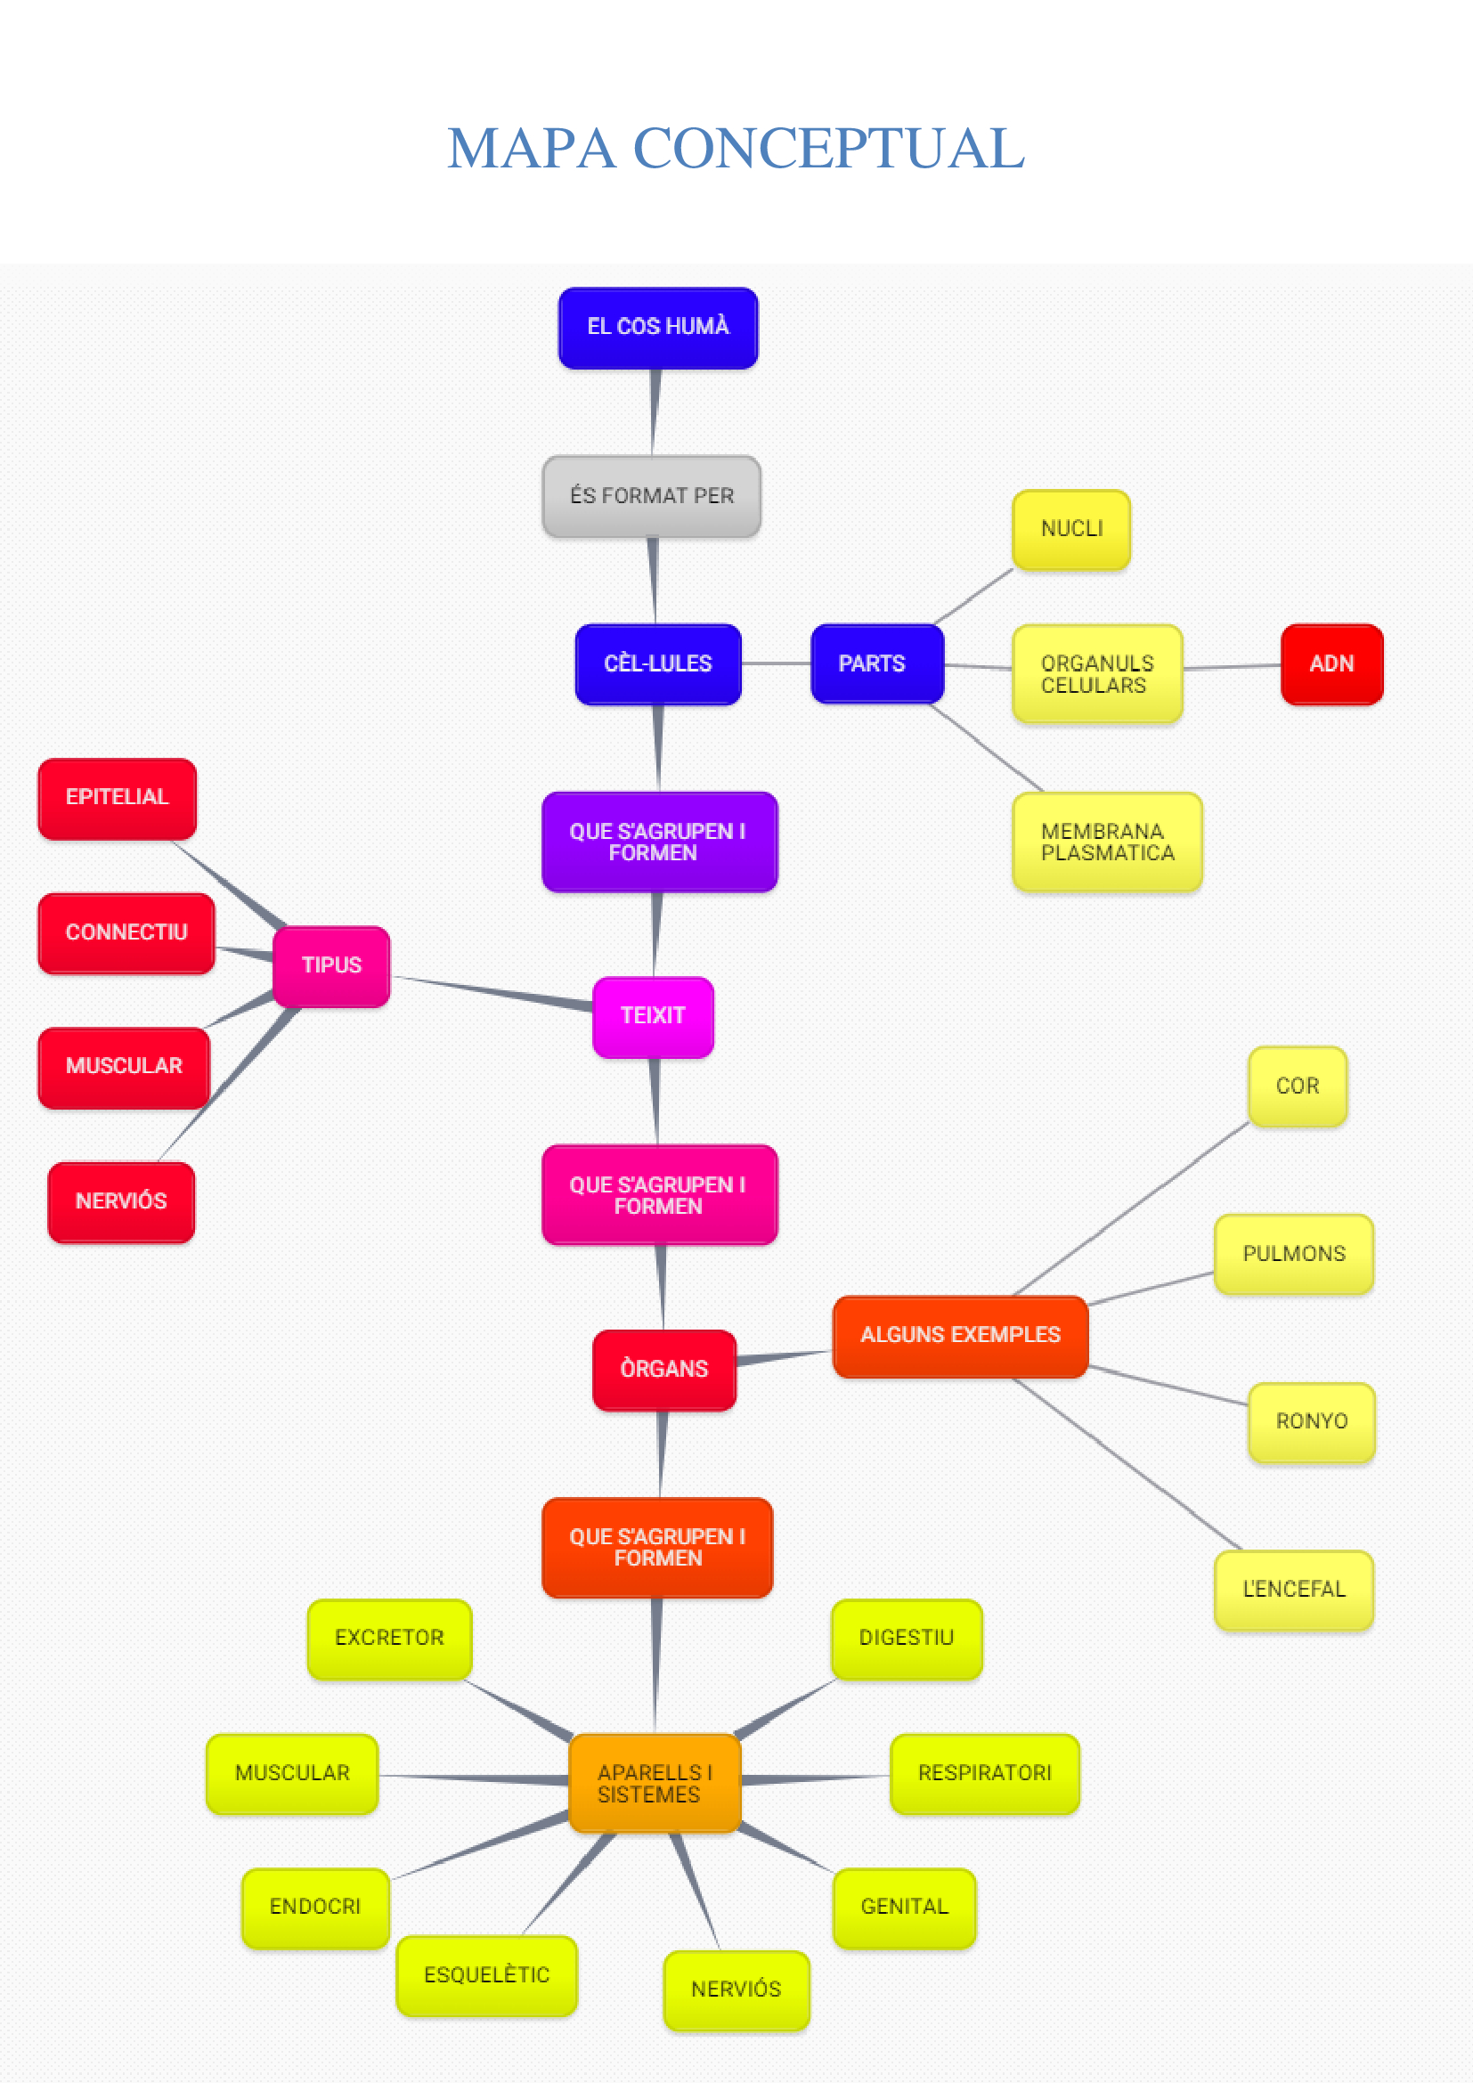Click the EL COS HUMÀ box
657,328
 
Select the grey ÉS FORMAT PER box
651,496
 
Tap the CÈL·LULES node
657,664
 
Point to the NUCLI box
1071,530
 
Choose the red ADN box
1331,664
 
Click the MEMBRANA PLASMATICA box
1107,842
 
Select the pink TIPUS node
331,965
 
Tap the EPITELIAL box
117,798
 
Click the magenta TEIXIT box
653,1016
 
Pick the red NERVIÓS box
120,1202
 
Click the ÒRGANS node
664,1370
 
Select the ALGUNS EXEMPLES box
960,1337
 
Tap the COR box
1297,1086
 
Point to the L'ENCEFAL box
1293,1590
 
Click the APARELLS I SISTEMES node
654,1784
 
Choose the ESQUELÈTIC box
486,1976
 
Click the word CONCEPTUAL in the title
828,149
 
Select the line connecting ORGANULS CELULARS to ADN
1232,667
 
